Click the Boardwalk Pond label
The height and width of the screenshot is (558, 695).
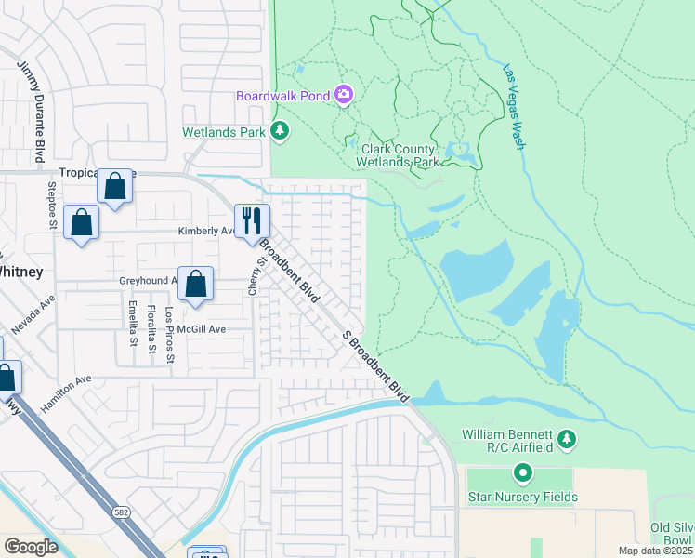(283, 95)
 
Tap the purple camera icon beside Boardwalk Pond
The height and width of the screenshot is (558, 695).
(344, 94)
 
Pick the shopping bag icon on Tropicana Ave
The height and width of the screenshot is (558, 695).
(115, 187)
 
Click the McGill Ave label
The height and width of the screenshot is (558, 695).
(203, 329)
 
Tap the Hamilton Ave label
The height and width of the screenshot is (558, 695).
(66, 393)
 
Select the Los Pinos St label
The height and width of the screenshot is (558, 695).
(169, 336)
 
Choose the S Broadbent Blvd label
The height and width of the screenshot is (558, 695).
(375, 365)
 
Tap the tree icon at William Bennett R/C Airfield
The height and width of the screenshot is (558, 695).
(568, 438)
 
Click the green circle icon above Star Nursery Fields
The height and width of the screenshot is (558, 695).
(522, 474)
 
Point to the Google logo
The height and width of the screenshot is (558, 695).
(31, 547)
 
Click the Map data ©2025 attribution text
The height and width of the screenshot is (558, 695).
(655, 551)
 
